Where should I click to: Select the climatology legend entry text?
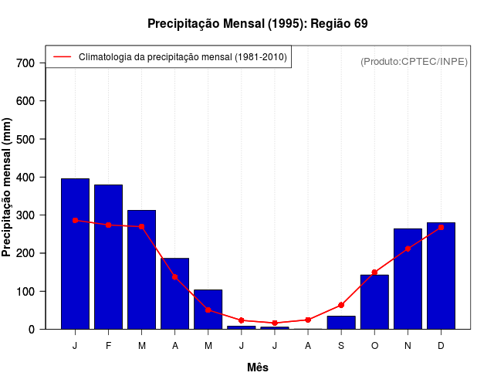tap(183, 57)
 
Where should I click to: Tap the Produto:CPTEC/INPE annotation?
tap(414, 61)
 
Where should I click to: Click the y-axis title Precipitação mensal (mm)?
tap(8, 188)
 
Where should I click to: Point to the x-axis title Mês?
tap(258, 367)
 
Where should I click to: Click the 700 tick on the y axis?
tap(26, 63)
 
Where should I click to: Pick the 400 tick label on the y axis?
tap(26, 177)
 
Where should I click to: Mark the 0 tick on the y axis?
tap(32, 329)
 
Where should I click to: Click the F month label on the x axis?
tap(108, 346)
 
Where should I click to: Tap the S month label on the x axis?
tap(341, 346)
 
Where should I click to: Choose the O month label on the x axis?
tap(374, 346)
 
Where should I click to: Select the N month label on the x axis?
tap(408, 346)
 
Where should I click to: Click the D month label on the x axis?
tap(441, 346)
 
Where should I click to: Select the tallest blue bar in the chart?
tap(75, 255)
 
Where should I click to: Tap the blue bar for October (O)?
tap(374, 302)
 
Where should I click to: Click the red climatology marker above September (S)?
tap(341, 305)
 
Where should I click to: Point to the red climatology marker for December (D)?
tap(441, 228)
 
